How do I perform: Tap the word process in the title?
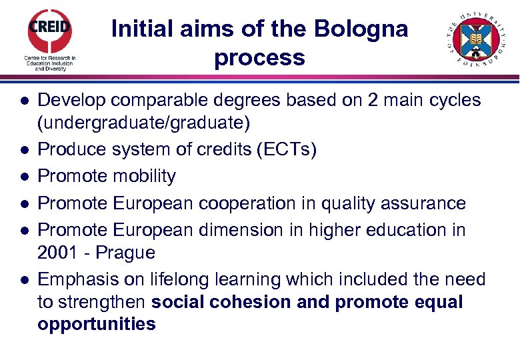click(x=259, y=57)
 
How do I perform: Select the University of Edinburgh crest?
click(x=475, y=39)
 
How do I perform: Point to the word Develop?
click(x=71, y=100)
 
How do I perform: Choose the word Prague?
click(x=126, y=253)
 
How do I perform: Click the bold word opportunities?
click(x=97, y=325)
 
